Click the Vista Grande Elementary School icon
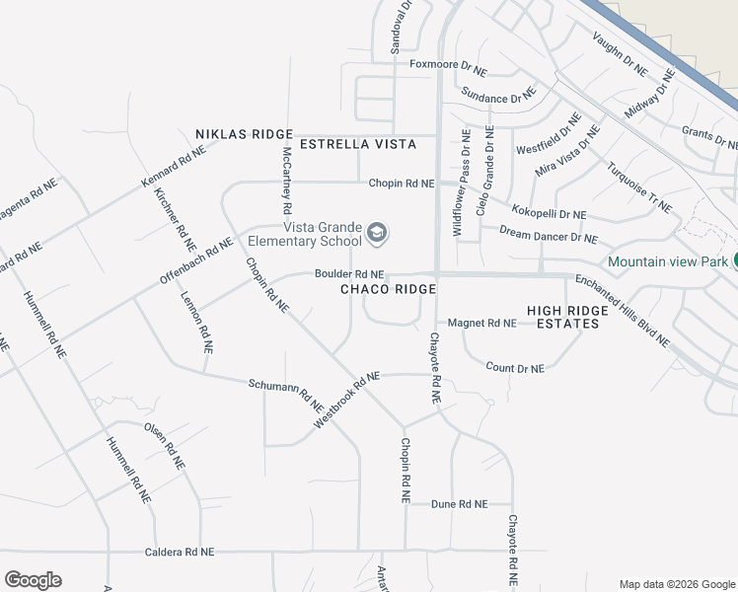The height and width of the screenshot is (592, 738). click(376, 233)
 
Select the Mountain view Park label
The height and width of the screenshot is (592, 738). click(668, 261)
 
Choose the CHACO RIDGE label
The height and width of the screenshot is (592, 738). click(388, 289)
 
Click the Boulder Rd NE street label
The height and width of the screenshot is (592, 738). click(349, 273)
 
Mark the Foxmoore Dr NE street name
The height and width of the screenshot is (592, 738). click(448, 69)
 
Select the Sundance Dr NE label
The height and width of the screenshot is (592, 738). click(497, 97)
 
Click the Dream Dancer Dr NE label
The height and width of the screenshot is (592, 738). click(548, 235)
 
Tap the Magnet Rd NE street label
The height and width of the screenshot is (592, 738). click(481, 323)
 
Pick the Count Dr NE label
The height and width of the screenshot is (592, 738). click(515, 368)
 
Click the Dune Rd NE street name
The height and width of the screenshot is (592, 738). click(460, 504)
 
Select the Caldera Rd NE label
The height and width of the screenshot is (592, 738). click(179, 552)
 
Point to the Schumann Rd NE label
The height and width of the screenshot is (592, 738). click(286, 395)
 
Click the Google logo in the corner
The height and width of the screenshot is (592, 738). click(33, 580)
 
